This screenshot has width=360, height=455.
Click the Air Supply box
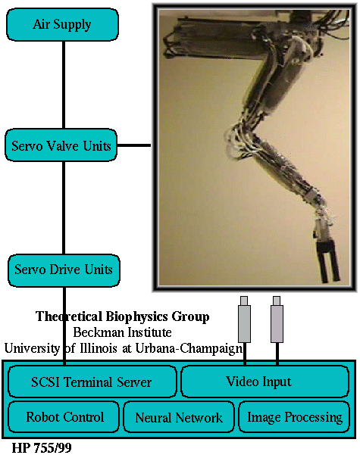[x=62, y=24]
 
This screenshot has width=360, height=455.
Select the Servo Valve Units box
[x=61, y=145]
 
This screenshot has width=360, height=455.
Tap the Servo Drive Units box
[x=64, y=270]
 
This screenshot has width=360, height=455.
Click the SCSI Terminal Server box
[x=92, y=382]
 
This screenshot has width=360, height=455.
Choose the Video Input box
[x=265, y=381]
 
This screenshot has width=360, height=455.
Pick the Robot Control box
[x=64, y=416]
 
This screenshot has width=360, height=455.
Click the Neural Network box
[x=179, y=417]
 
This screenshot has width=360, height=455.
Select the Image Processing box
[x=294, y=416]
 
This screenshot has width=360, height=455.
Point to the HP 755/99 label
[x=42, y=447]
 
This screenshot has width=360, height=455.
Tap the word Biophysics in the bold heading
[x=136, y=317]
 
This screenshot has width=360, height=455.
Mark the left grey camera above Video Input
[x=244, y=319]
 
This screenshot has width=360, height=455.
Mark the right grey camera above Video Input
[x=277, y=319]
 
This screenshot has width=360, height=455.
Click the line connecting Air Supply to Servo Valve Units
[x=64, y=85]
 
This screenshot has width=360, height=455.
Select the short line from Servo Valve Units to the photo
[x=134, y=145]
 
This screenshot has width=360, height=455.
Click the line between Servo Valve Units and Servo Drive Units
[x=64, y=207]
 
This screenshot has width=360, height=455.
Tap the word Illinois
[x=99, y=348]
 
